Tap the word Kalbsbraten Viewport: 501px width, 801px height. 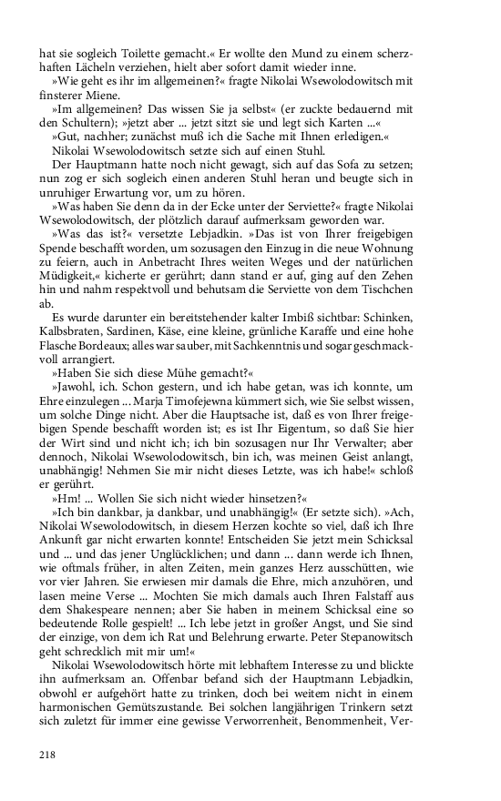(74, 341)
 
